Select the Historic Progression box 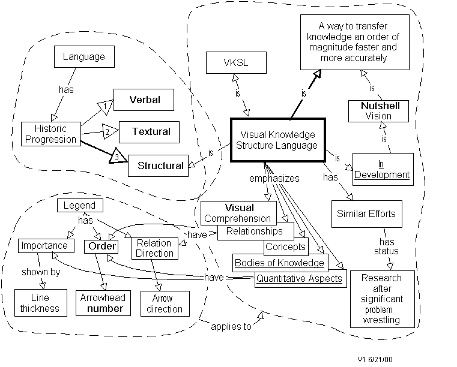[50, 134]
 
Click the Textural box [151, 131]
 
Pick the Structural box [160, 166]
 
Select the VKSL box [236, 62]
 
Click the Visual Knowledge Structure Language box [277, 140]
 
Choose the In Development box [382, 170]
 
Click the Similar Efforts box [366, 213]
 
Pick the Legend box [80, 206]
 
